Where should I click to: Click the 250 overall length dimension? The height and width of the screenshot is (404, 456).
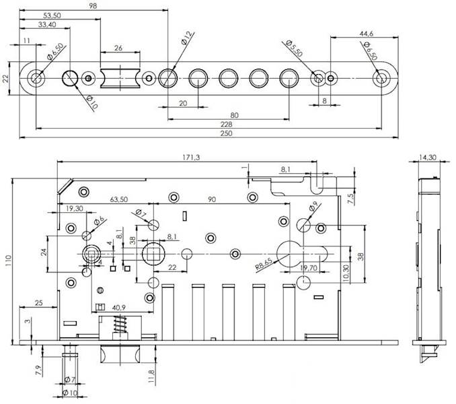point(226,133)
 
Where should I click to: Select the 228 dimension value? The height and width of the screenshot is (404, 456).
point(226,125)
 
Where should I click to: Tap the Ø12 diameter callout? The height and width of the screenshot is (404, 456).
point(187,38)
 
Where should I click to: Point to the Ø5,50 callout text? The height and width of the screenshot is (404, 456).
point(295,48)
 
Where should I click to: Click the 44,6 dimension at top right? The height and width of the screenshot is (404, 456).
point(366,34)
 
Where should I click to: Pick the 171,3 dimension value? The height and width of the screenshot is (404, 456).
point(191,158)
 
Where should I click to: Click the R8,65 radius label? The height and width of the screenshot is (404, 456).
point(264,264)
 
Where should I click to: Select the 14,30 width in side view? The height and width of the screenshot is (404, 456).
point(428,158)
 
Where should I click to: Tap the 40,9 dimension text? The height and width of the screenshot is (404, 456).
point(119,307)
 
